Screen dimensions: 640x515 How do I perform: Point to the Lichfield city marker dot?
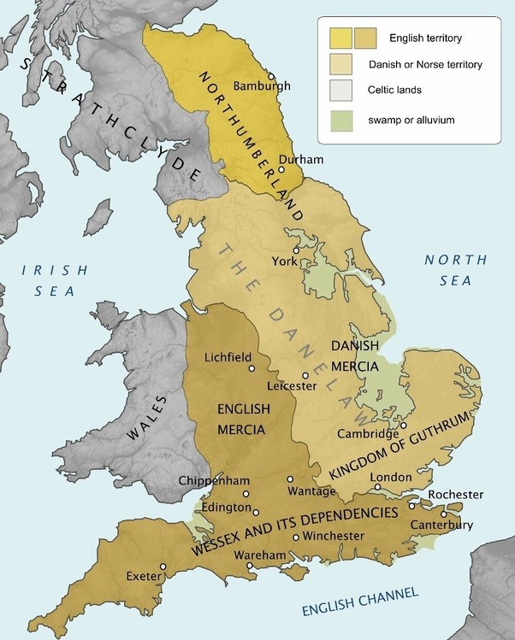click(252, 368)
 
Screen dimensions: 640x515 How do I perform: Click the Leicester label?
click(292, 386)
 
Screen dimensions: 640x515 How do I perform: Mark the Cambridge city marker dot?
click(403, 426)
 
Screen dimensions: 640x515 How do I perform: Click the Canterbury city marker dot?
click(468, 514)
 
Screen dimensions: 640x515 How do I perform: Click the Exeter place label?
click(142, 575)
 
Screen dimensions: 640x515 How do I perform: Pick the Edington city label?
click(215, 507)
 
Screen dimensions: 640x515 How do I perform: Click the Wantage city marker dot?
click(290, 479)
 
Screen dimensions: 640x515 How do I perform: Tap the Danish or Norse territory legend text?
click(425, 64)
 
